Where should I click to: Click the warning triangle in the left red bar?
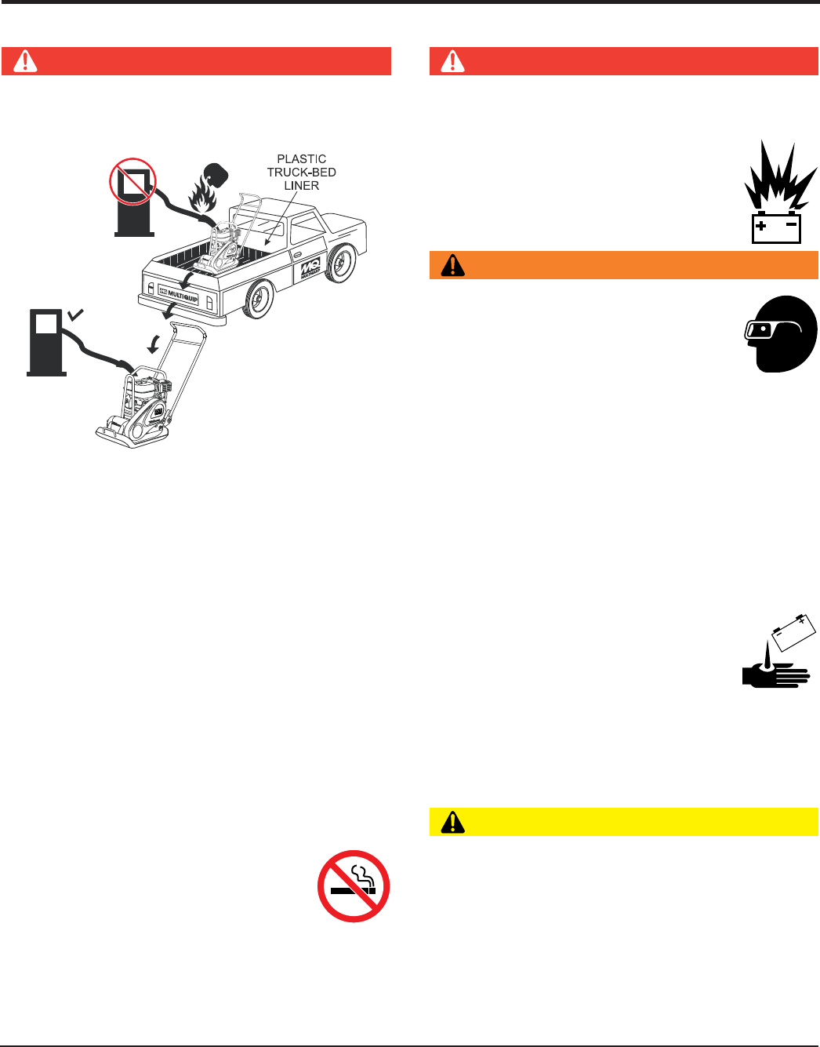25,61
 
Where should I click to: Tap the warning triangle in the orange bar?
453,266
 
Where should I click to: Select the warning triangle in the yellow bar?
453,822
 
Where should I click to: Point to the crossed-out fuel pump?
132,182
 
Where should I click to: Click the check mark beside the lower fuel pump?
76,315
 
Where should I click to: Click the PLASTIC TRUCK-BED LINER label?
302,173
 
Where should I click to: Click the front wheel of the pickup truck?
341,261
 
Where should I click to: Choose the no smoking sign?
354,886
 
